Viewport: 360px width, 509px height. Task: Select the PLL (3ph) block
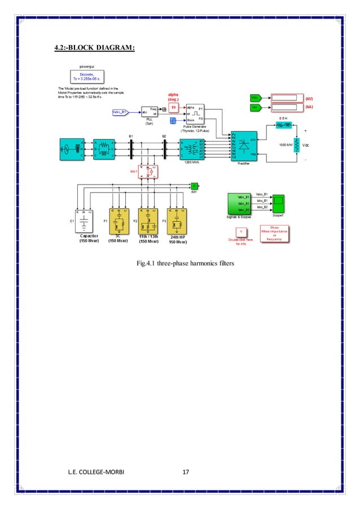point(149,112)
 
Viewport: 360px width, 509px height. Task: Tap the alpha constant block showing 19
point(174,107)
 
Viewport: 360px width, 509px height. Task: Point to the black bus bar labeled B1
point(130,149)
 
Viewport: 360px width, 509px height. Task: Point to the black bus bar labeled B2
point(164,149)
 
